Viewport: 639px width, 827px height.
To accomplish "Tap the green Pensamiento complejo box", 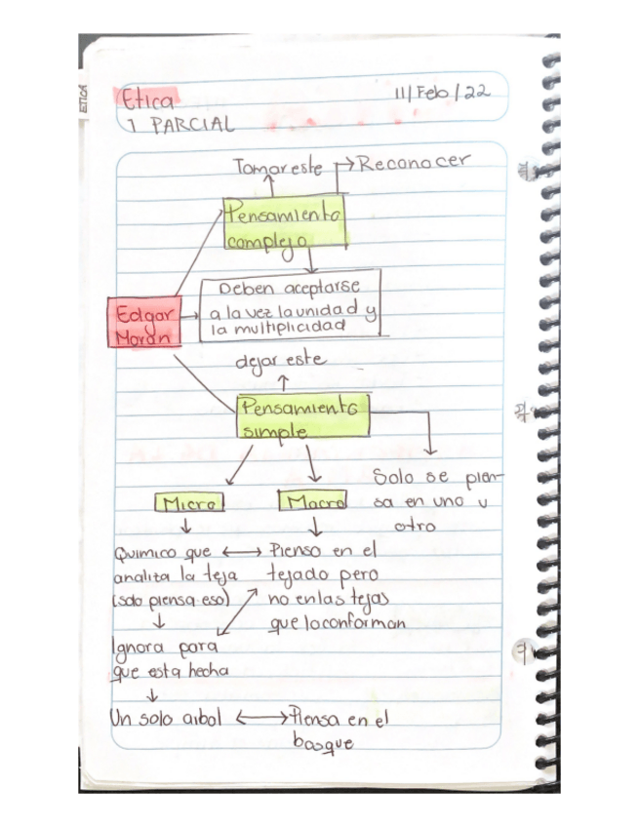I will coord(285,223).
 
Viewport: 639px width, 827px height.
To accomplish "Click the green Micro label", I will coord(189,503).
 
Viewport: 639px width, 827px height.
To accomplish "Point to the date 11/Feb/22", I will coord(442,94).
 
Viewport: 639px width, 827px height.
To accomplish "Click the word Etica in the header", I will coord(146,99).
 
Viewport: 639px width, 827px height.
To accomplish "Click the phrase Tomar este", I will coord(279,167).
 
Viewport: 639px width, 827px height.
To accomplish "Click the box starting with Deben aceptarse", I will coord(290,310).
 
